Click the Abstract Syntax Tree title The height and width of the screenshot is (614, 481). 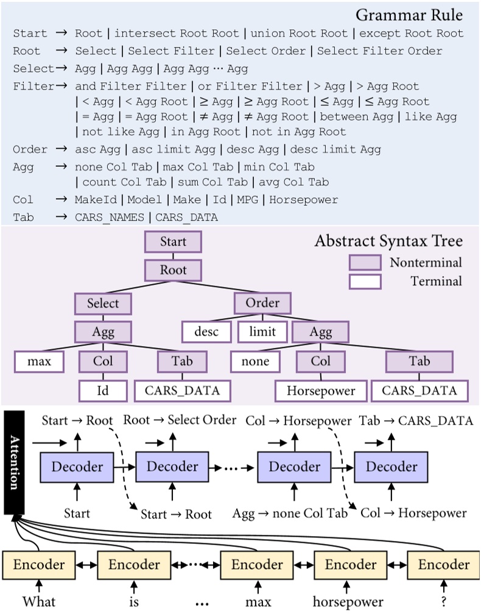(x=388, y=241)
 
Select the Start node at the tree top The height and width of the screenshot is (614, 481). (x=173, y=242)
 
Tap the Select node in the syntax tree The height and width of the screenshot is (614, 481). (x=103, y=303)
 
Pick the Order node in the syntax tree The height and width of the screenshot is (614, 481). (x=262, y=303)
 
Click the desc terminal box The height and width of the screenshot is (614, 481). (x=207, y=332)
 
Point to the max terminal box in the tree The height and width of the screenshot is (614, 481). (x=40, y=361)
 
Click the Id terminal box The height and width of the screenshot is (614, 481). (x=103, y=390)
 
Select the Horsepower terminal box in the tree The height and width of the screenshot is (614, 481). (x=321, y=390)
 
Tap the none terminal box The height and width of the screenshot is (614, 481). (x=255, y=361)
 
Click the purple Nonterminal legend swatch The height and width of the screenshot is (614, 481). (x=365, y=263)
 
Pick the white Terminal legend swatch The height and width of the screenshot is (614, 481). (x=365, y=281)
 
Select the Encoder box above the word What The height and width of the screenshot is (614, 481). (x=39, y=565)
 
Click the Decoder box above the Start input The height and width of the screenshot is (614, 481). (x=77, y=467)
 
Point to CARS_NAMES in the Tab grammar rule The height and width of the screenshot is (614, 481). (x=110, y=217)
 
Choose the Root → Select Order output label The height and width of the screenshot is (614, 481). (x=180, y=420)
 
